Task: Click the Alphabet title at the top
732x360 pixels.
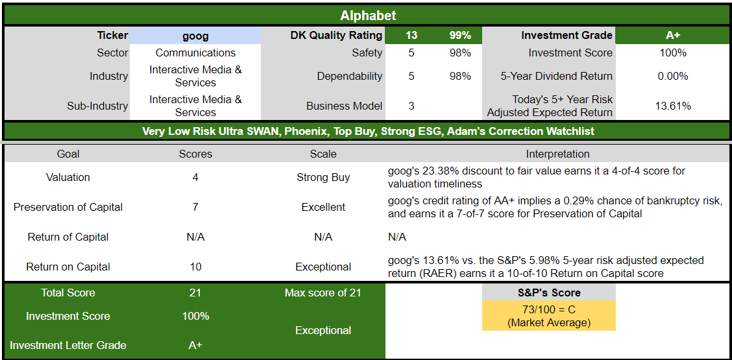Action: (368, 16)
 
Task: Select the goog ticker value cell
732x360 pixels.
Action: (195, 36)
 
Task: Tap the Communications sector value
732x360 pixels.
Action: (195, 53)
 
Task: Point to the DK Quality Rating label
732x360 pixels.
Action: (336, 36)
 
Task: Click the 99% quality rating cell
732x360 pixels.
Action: (460, 36)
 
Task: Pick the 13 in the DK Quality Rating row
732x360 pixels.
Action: (411, 36)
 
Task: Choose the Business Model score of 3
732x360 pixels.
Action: (411, 106)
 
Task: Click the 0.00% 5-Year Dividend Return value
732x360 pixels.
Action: (673, 76)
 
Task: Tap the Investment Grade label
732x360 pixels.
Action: (567, 36)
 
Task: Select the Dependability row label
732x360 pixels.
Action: (349, 76)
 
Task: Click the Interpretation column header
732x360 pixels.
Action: (557, 154)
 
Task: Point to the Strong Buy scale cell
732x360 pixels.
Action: (323, 178)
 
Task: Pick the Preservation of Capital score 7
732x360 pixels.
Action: (195, 208)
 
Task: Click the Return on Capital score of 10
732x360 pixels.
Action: (195, 267)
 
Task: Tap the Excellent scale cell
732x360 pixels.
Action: (323, 208)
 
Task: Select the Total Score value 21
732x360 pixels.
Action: (195, 293)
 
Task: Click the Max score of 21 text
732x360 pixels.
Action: (323, 293)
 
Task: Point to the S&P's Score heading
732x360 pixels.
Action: (548, 293)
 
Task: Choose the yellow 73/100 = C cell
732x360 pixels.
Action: (548, 316)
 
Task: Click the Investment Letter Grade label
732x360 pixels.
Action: (68, 346)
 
